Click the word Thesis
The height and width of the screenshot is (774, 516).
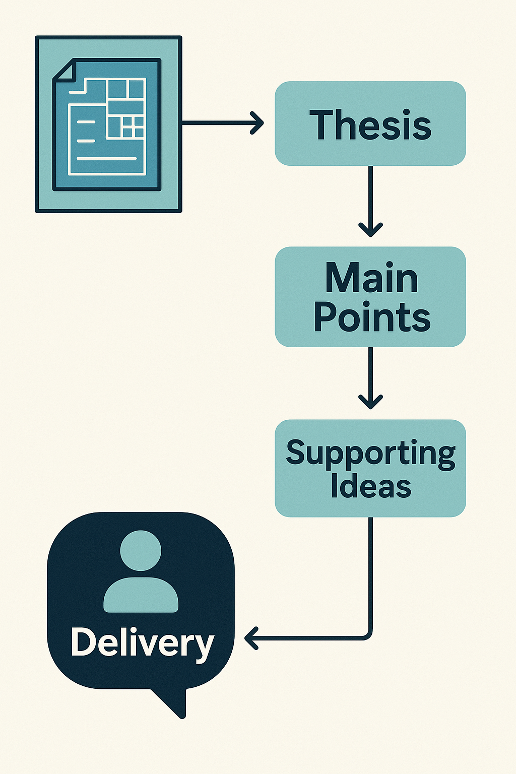pos(370,125)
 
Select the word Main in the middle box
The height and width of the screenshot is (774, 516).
pos(371,278)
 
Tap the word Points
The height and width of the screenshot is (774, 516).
pos(372,317)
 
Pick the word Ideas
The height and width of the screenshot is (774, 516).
pos(371,487)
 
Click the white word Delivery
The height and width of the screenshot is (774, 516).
pos(142,643)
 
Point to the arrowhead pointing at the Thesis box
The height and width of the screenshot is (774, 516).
pos(258,123)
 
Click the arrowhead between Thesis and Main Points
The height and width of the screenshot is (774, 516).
pos(370,230)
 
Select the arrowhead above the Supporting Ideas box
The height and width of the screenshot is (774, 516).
pos(370,402)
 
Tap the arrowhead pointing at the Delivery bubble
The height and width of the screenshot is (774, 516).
pos(250,638)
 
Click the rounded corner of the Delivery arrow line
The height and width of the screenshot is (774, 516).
pos(367,635)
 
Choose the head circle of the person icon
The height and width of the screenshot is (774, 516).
pos(141,550)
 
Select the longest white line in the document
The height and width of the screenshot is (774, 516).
pos(106,159)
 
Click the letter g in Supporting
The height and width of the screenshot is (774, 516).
pos(446,456)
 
